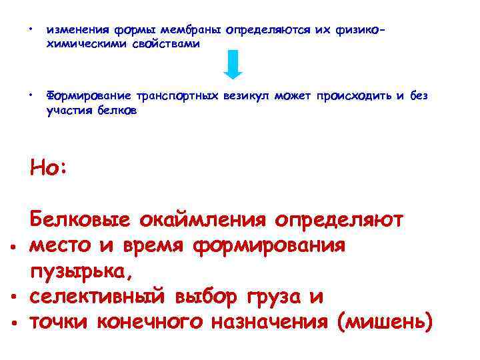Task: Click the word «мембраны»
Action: coord(191,30)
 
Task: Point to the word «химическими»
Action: coord(83,43)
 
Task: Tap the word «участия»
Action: coord(69,111)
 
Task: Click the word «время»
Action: coord(155,245)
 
